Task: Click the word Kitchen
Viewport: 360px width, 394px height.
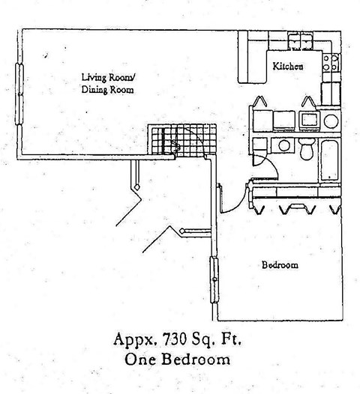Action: pyautogui.click(x=288, y=67)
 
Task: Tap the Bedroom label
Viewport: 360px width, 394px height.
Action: pyautogui.click(x=280, y=265)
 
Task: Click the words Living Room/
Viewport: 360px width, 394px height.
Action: pyautogui.click(x=108, y=77)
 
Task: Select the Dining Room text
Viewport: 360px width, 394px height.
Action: pyautogui.click(x=107, y=90)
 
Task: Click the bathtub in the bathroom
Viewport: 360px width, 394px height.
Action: pyautogui.click(x=330, y=160)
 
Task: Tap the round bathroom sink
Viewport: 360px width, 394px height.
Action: pyautogui.click(x=283, y=146)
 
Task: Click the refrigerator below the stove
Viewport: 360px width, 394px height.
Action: pyautogui.click(x=331, y=94)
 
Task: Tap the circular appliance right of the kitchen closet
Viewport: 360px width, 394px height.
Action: pyautogui.click(x=331, y=121)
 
